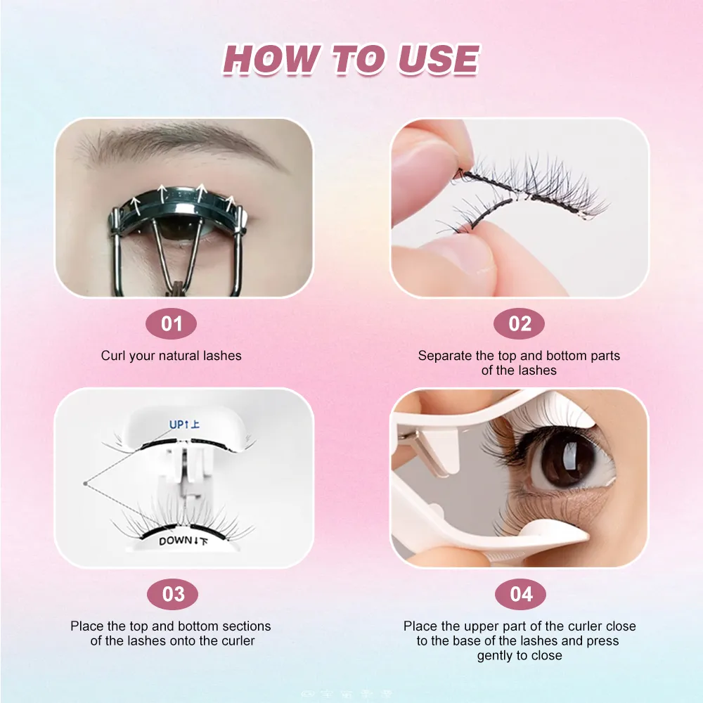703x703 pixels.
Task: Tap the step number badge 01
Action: tap(172, 324)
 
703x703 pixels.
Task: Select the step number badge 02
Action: tap(520, 324)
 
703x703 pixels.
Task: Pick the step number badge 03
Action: tap(173, 595)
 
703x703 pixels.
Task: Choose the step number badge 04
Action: tap(521, 595)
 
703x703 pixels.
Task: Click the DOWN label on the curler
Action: tap(174, 541)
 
